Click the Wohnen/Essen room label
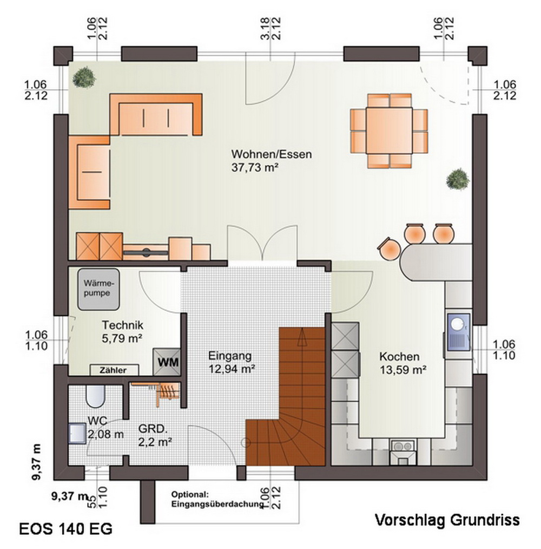(271, 154)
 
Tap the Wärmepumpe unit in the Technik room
(98, 289)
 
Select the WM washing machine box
(167, 362)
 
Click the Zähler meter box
(115, 370)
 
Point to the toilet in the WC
(96, 396)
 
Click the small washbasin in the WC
(77, 434)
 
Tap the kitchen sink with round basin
(458, 331)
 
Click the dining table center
(389, 130)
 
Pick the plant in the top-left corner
(84, 77)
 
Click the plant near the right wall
(458, 179)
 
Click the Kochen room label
(399, 357)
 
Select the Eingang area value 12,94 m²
(232, 369)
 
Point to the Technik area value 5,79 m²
(122, 338)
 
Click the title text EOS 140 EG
(66, 528)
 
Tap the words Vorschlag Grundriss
(447, 520)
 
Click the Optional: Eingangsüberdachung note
(217, 499)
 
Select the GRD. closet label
(153, 429)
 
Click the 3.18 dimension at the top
(265, 28)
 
